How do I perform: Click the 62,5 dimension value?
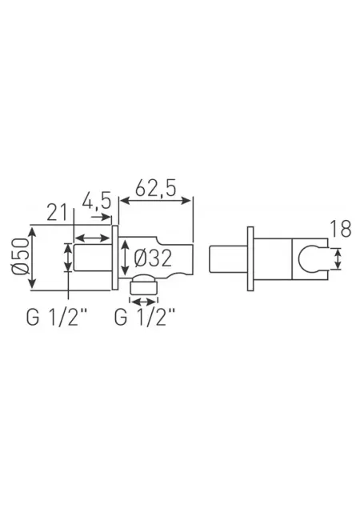tap(155, 188)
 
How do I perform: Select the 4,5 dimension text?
tap(97, 201)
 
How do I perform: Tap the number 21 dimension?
tap(57, 212)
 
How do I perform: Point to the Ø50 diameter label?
tap(20, 256)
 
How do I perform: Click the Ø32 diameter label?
tap(153, 258)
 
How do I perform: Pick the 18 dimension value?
tap(340, 229)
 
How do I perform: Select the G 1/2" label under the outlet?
tap(145, 317)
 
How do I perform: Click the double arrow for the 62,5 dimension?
tap(155, 201)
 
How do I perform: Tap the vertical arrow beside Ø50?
tap(32, 258)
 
